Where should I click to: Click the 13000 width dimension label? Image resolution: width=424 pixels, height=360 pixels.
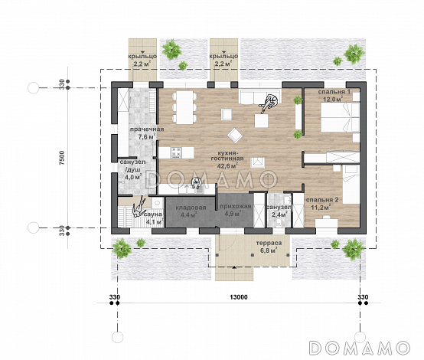(239, 297)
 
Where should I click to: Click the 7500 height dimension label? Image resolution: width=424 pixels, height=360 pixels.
(62, 158)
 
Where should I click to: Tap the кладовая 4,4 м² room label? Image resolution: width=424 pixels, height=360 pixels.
(191, 211)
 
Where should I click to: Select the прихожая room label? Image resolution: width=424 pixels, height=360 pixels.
(235, 207)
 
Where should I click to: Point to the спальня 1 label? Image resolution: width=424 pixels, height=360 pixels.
(334, 92)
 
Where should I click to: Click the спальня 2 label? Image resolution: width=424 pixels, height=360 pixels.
(322, 200)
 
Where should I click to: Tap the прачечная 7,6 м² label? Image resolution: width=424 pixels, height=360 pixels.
(147, 133)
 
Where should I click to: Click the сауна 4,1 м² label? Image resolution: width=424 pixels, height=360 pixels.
(154, 218)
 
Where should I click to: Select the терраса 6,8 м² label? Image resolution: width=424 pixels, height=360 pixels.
(269, 247)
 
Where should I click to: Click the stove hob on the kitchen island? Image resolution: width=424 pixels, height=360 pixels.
(176, 152)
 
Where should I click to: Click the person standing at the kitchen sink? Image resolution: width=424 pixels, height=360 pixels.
(196, 183)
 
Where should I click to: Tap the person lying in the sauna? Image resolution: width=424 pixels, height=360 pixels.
(139, 208)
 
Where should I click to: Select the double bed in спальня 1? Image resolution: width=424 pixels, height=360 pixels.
(340, 117)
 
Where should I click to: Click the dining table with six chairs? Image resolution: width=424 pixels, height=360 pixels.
(184, 107)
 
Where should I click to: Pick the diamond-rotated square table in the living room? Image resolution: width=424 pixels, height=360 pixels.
(235, 136)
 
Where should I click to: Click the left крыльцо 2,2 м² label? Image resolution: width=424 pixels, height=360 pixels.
(142, 60)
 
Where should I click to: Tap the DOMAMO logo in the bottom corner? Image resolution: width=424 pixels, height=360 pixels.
(360, 348)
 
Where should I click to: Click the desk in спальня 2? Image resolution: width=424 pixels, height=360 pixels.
(327, 222)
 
